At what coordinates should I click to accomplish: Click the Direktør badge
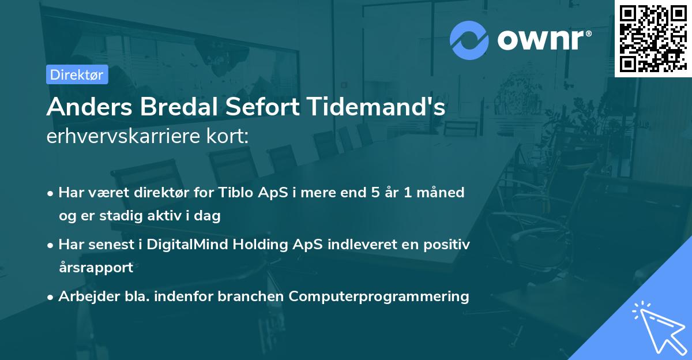pyautogui.click(x=77, y=74)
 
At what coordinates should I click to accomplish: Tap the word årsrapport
pyautogui.click(x=95, y=267)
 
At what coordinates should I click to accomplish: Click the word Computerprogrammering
pyautogui.click(x=379, y=296)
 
